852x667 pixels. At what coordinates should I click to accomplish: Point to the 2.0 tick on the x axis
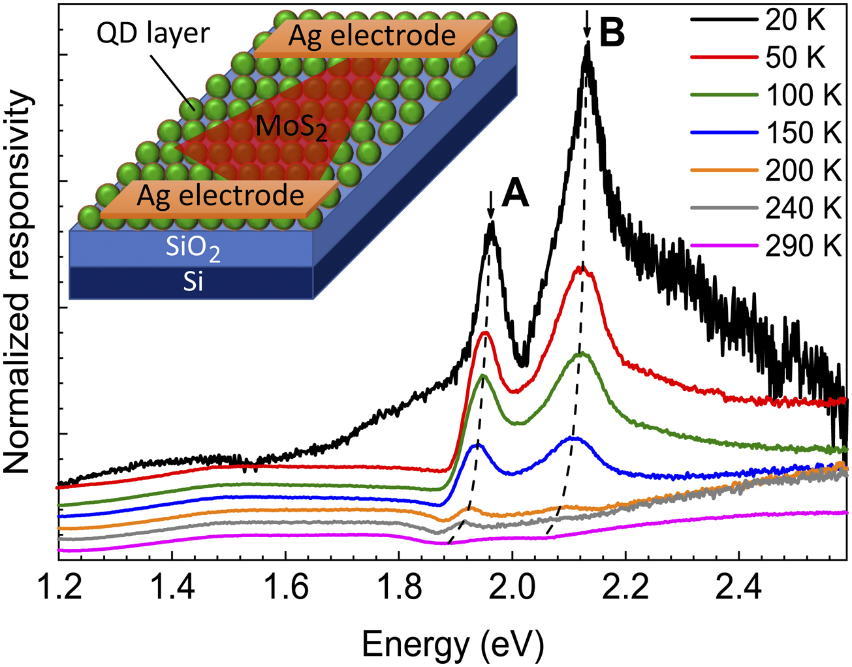pos(513,587)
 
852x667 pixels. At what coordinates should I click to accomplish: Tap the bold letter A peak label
pos(516,194)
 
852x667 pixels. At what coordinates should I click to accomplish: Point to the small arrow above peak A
pos(491,205)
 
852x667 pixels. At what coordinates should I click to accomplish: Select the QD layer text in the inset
pos(153,34)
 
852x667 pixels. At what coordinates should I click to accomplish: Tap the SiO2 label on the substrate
pos(193,248)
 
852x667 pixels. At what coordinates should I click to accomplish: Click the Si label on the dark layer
pos(193,282)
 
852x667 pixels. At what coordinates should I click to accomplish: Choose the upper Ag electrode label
pos(371,36)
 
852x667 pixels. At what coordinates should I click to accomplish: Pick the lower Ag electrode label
pos(221,195)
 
